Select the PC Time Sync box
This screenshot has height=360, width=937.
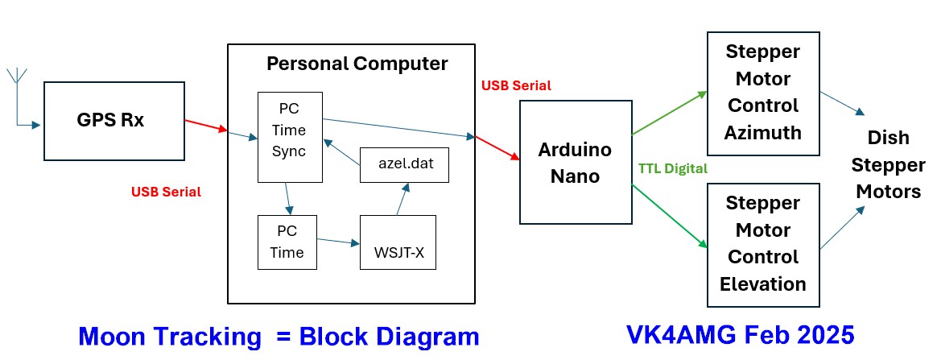pos(289,136)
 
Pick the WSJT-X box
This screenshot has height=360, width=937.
pos(398,242)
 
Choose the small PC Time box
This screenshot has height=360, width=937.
pos(286,242)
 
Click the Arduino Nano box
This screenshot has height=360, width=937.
pos(575,162)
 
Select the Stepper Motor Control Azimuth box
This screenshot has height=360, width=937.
pos(762,93)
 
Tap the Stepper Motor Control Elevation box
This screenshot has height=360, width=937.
pos(762,244)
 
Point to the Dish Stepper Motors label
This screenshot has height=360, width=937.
pos(888,165)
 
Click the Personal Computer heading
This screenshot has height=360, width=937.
pos(357,63)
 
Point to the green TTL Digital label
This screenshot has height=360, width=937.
pos(672,168)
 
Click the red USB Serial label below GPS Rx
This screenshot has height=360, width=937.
pos(166,192)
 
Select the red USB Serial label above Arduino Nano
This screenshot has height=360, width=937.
pos(516,85)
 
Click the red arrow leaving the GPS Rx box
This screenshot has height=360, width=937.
pos(206,127)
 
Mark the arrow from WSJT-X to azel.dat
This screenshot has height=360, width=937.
pos(401,198)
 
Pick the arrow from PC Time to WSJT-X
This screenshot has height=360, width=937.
pos(338,241)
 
